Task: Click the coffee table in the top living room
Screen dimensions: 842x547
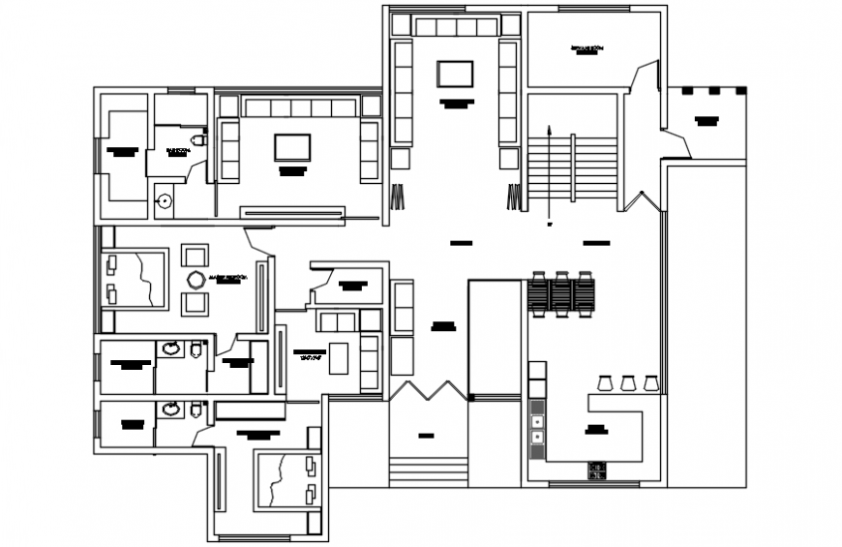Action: (x=455, y=74)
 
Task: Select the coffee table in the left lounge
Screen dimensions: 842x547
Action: (x=292, y=147)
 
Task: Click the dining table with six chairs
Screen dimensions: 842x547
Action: (x=561, y=294)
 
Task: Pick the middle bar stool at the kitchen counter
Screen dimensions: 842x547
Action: (x=628, y=382)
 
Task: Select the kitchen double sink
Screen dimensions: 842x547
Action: (x=536, y=430)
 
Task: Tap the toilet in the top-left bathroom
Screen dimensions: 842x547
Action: (x=198, y=140)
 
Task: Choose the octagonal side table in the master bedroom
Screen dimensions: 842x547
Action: (x=195, y=281)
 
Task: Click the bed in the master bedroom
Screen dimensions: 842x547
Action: (x=135, y=279)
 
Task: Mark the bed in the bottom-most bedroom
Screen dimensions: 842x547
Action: (x=286, y=480)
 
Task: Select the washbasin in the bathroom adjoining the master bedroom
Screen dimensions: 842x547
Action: (x=171, y=349)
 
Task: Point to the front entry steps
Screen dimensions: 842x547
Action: (x=427, y=471)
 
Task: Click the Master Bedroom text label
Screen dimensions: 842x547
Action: (x=228, y=279)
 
